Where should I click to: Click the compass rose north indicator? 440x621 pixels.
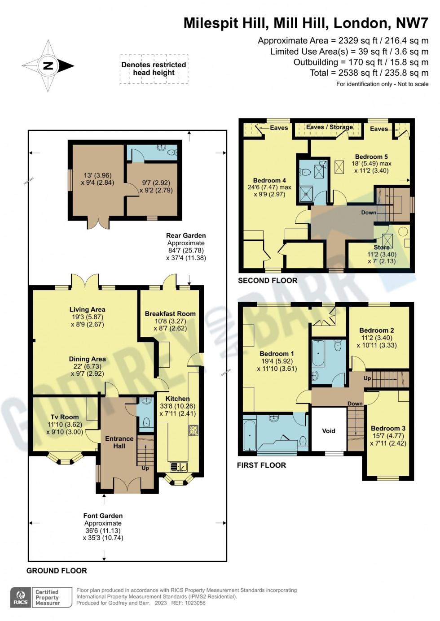pos(48,66)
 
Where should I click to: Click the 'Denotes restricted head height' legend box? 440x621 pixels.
pos(154,69)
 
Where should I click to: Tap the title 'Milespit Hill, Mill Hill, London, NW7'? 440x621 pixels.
pos(306,23)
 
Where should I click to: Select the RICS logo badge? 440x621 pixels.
pos(21,597)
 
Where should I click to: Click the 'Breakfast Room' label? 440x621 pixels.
pos(170,314)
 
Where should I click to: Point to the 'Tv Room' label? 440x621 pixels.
pos(65,417)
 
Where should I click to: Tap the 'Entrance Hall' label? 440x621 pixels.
pos(119,442)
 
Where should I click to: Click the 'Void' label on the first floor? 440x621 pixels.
pos(329,431)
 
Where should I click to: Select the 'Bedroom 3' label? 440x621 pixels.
pos(388,428)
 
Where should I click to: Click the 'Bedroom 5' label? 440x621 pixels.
pos(371,157)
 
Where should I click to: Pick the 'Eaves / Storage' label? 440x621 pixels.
pos(330,127)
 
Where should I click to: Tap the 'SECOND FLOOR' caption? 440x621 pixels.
pos(268,281)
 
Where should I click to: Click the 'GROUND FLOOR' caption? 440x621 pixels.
pos(57,571)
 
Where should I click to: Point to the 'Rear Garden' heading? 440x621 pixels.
pos(186,235)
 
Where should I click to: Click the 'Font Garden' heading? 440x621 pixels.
pos(103,516)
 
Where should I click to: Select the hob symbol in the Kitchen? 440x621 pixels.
pos(194,430)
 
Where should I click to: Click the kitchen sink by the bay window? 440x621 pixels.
pos(178,467)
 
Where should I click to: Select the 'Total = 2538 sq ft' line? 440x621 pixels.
pos(369,73)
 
